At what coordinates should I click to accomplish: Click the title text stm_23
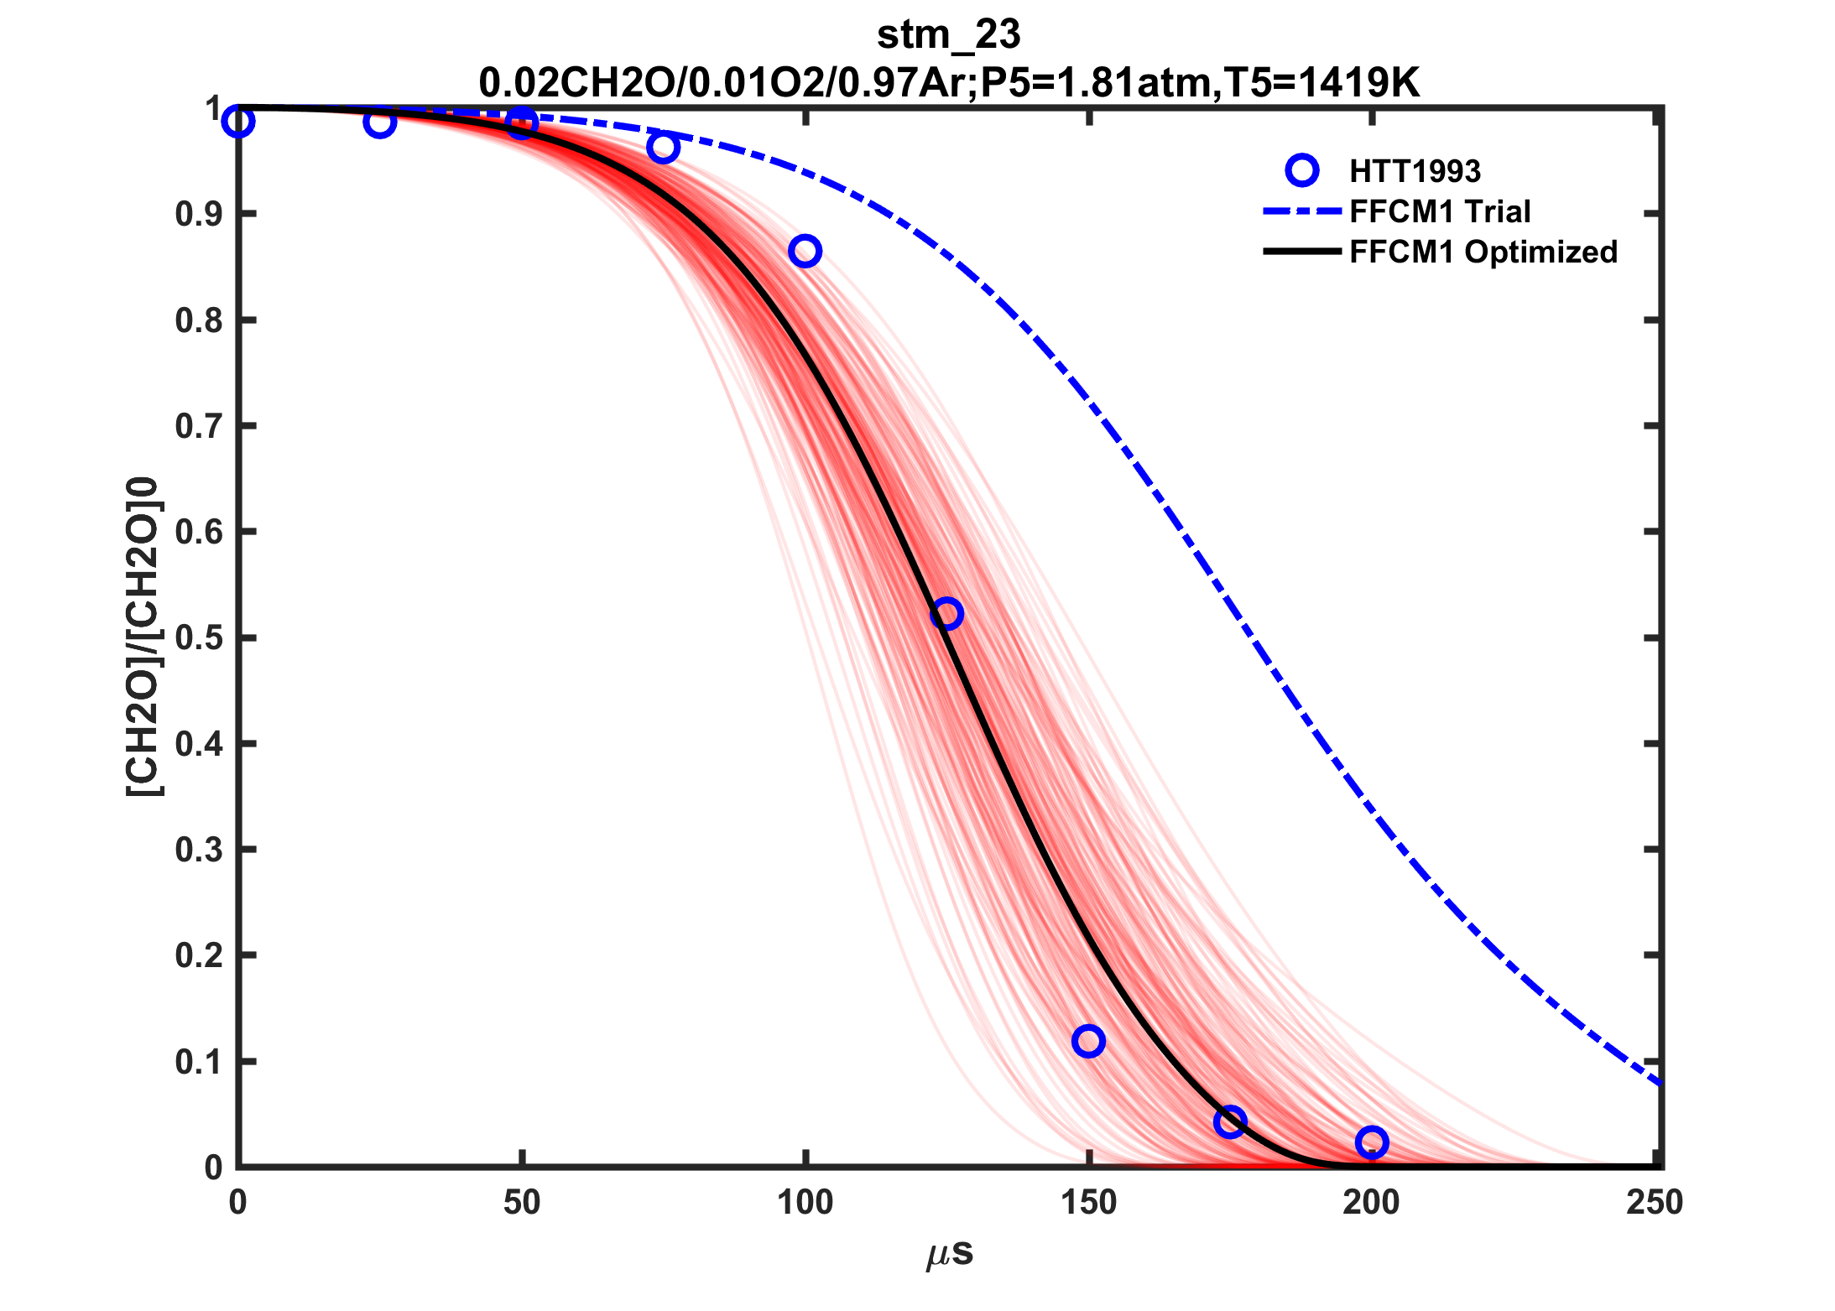point(948,35)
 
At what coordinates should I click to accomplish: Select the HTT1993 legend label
point(1415,171)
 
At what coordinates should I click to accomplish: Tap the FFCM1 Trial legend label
point(1440,211)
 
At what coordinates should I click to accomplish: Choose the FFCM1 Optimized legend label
point(1483,252)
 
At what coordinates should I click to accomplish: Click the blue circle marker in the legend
point(1301,170)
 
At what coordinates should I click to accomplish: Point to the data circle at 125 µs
point(946,614)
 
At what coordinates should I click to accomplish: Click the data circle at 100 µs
point(805,251)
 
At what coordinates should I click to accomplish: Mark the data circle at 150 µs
point(1088,1041)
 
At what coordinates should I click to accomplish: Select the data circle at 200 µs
point(1372,1142)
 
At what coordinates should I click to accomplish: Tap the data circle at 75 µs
point(663,148)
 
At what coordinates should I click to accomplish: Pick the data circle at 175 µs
point(1230,1121)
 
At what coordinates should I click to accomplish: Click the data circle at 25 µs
point(380,123)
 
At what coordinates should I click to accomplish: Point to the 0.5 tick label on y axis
point(199,638)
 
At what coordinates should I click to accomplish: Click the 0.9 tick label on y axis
point(199,215)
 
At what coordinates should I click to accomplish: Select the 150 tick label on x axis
point(1088,1203)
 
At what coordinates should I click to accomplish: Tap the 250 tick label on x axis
point(1655,1203)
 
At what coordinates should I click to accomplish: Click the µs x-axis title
point(950,1253)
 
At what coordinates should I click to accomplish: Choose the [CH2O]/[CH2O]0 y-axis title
point(143,637)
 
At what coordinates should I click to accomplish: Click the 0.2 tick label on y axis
point(199,956)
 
